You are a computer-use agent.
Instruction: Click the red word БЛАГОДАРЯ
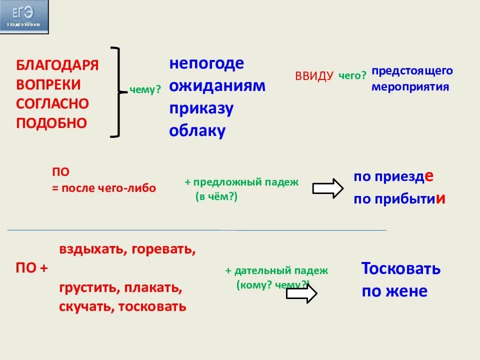(x=57, y=65)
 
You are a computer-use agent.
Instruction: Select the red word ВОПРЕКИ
(x=48, y=84)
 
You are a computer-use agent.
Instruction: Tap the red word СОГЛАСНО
(x=52, y=104)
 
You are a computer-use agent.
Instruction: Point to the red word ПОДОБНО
(x=51, y=123)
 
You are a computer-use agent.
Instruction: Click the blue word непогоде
(x=206, y=63)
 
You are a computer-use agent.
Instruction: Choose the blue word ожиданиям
(x=217, y=85)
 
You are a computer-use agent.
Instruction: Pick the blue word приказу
(x=201, y=108)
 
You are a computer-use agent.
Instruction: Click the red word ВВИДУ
(x=314, y=76)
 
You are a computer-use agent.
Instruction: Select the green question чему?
(x=145, y=90)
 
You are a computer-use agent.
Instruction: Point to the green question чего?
(x=352, y=75)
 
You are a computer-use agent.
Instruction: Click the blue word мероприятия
(x=410, y=86)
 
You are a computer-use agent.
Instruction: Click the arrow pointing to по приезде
(x=328, y=188)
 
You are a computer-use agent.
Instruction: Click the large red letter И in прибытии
(x=440, y=198)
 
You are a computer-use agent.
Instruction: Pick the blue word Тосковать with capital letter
(x=401, y=268)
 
